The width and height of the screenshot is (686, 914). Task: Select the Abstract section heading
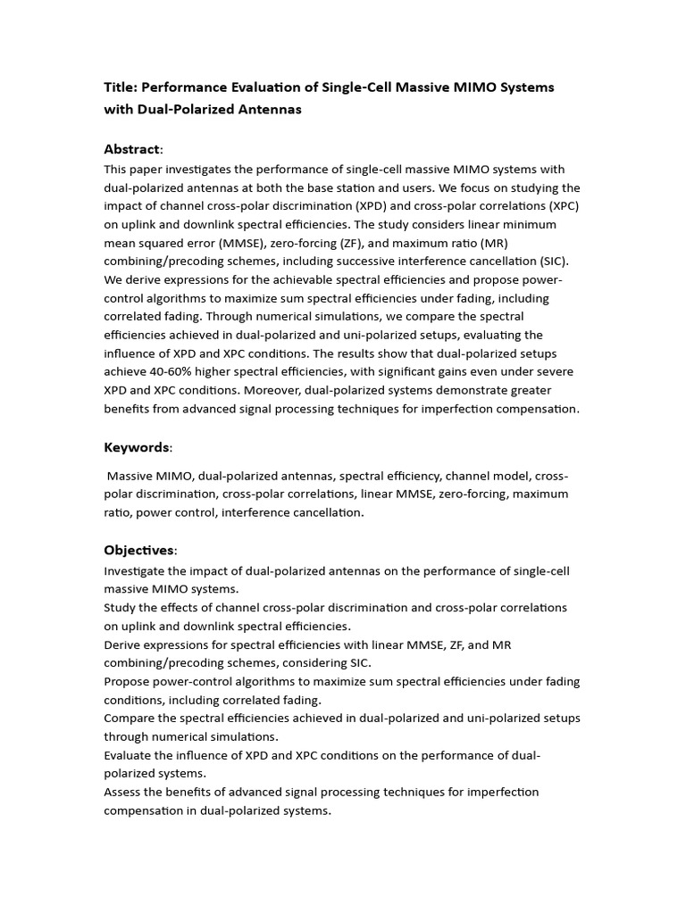click(132, 148)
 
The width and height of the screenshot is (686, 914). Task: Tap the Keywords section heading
click(137, 446)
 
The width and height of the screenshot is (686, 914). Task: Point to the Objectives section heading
click(139, 550)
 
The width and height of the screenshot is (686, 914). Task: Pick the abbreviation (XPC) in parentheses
click(559, 206)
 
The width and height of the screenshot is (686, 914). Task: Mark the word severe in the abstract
click(554, 371)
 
